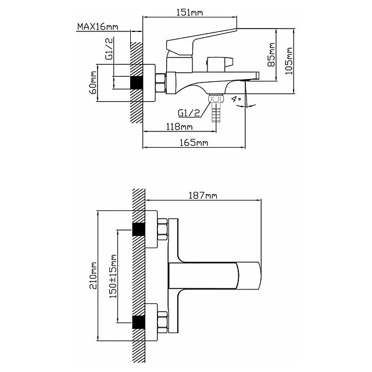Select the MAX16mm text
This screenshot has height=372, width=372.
point(96,27)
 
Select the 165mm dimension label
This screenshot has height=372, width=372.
point(194,143)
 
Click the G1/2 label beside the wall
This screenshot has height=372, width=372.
point(109,49)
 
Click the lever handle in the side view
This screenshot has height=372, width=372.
point(203,37)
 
